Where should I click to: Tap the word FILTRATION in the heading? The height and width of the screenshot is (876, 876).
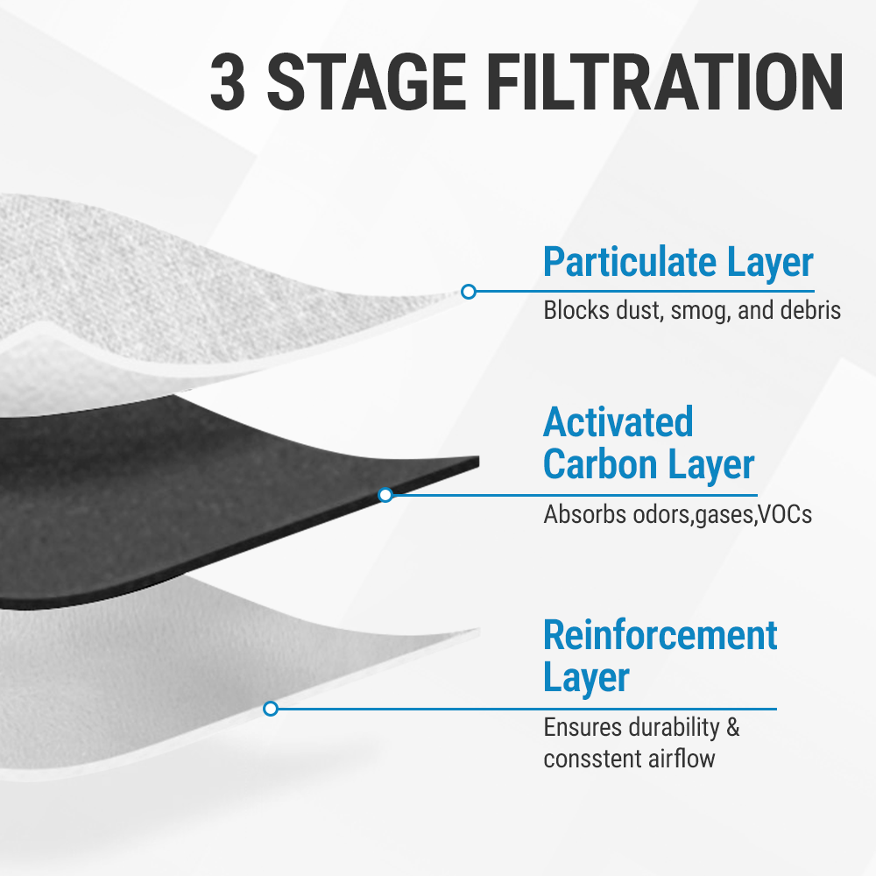pos(663,84)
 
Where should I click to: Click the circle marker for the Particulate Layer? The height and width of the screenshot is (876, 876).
pos(469,291)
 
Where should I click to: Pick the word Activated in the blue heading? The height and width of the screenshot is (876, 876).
pos(618,422)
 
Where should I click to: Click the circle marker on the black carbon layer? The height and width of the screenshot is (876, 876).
pos(385,495)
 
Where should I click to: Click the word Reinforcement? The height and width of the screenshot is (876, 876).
pos(661,635)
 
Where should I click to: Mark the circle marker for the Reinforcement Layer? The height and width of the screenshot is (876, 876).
pos(271,708)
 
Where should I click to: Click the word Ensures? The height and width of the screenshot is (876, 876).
pos(577,728)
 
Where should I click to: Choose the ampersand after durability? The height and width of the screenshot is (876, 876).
pos(733,728)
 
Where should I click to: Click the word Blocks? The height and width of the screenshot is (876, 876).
pos(574,311)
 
